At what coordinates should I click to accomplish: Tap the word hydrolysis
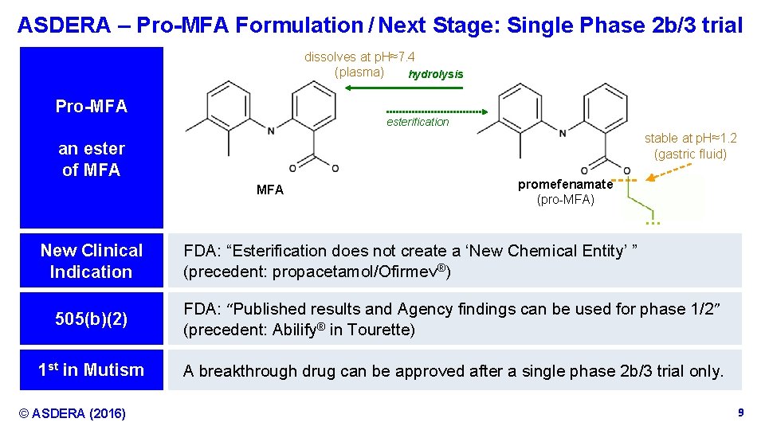[435, 74]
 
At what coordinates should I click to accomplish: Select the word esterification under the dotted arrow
[418, 122]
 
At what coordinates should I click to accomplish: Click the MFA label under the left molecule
[270, 190]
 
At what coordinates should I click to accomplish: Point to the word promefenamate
[565, 185]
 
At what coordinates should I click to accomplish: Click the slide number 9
[740, 412]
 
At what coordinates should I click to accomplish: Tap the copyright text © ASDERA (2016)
[73, 413]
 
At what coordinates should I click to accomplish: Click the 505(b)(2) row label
[92, 319]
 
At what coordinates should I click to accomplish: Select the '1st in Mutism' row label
[92, 369]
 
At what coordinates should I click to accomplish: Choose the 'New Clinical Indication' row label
[92, 260]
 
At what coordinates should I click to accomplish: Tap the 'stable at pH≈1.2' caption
[690, 138]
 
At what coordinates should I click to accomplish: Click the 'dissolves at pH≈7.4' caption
[359, 57]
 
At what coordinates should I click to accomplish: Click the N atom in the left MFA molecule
[271, 131]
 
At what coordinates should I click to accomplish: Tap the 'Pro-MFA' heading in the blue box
[92, 107]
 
